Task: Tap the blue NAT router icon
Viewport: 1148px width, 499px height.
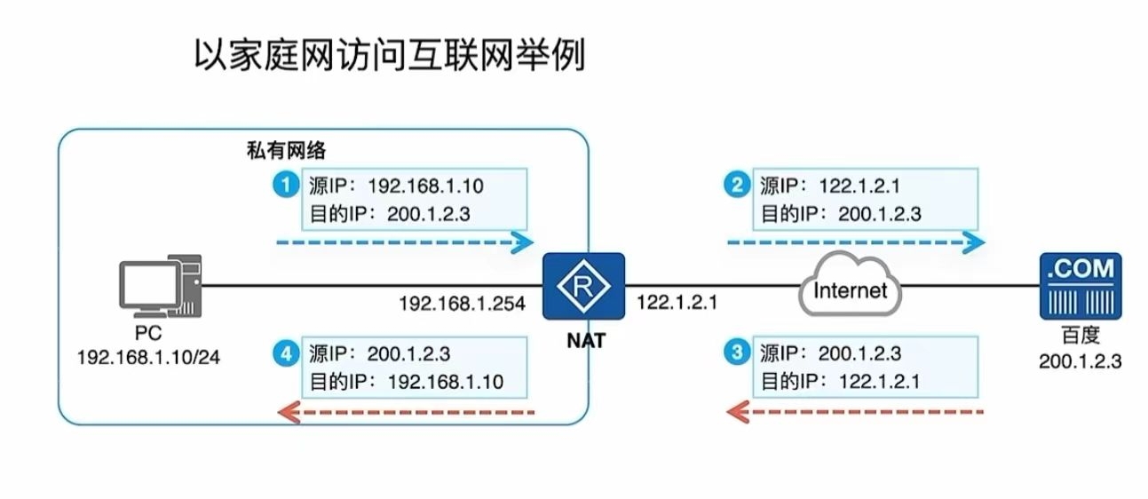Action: click(583, 286)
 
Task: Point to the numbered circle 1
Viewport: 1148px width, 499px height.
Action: click(285, 186)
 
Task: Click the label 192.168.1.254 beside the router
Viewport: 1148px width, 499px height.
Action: click(462, 304)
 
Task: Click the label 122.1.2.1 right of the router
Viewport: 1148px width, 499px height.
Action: click(677, 304)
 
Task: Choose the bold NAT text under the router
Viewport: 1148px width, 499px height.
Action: click(583, 338)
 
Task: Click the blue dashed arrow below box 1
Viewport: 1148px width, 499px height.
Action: click(404, 242)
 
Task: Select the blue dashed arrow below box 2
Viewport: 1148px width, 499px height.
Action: click(855, 242)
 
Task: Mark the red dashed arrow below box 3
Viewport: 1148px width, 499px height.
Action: click(855, 411)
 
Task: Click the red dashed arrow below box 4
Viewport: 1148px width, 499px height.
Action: click(406, 411)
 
